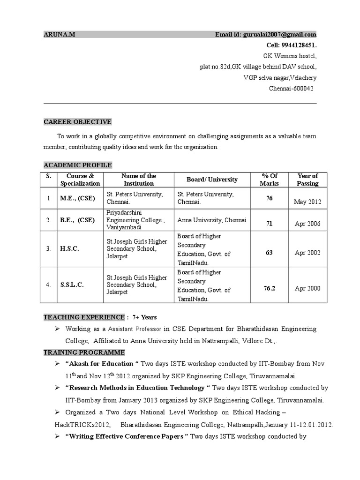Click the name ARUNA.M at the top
click(56, 34)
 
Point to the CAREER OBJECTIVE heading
click(77, 122)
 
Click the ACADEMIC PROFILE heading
click(77, 165)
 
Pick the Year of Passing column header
click(307, 180)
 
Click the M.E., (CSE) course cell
click(77, 198)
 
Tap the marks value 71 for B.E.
click(269, 224)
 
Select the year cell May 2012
click(307, 202)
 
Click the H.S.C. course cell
click(69, 249)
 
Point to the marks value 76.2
click(269, 288)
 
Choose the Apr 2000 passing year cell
click(307, 288)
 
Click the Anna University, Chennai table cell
click(212, 220)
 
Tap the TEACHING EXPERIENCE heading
click(84, 317)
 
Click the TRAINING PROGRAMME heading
click(84, 352)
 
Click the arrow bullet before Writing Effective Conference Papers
click(57, 437)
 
